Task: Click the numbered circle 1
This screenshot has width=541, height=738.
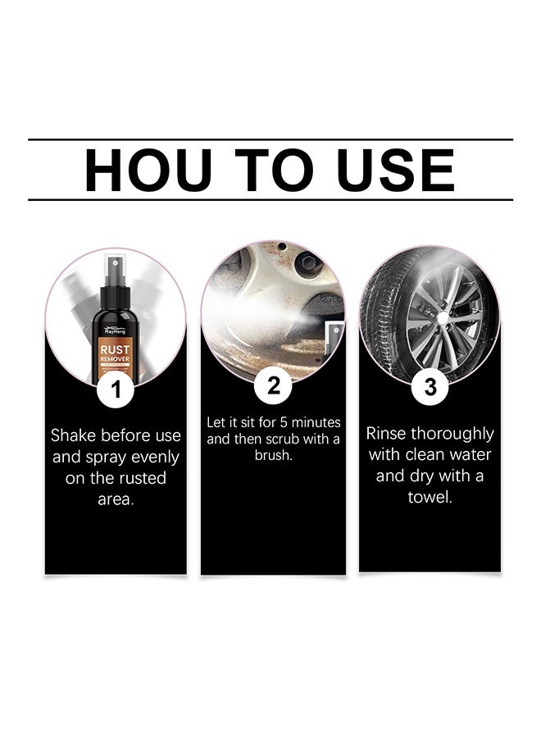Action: pos(116,389)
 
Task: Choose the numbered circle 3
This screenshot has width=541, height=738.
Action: pos(430,386)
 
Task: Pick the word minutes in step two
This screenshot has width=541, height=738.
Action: pos(315,423)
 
